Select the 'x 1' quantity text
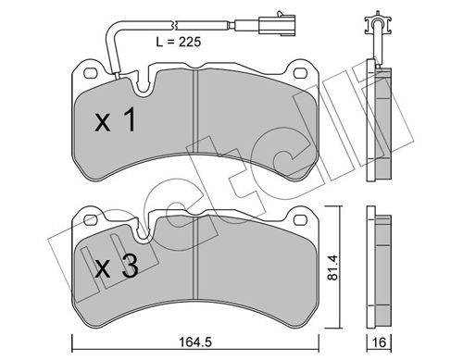(117, 119)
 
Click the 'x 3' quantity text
(117, 268)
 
